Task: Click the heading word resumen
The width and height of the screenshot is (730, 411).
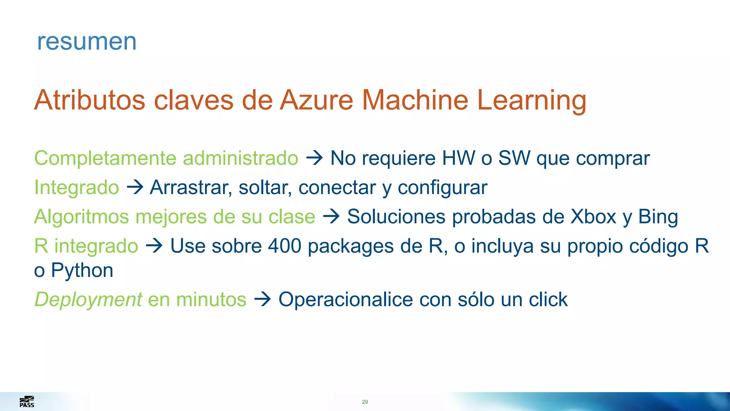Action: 87,42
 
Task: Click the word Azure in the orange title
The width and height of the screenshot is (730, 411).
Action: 316,100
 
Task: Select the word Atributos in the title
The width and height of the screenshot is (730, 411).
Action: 90,100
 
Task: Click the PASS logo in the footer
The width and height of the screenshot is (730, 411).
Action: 27,402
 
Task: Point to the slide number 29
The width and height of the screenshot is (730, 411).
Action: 365,402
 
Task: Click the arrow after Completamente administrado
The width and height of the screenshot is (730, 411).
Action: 314,158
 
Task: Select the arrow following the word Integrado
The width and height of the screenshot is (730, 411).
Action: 135,187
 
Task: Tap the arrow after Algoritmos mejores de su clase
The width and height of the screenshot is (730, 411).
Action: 331,217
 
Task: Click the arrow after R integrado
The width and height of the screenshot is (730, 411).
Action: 154,246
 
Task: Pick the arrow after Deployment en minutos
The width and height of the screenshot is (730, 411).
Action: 263,299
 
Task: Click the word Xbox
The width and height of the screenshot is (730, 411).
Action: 593,217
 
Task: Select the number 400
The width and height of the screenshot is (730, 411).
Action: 284,246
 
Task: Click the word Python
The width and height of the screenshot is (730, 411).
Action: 82,271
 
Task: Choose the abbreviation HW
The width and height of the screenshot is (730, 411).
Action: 458,158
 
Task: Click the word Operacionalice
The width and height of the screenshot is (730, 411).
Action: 345,299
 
